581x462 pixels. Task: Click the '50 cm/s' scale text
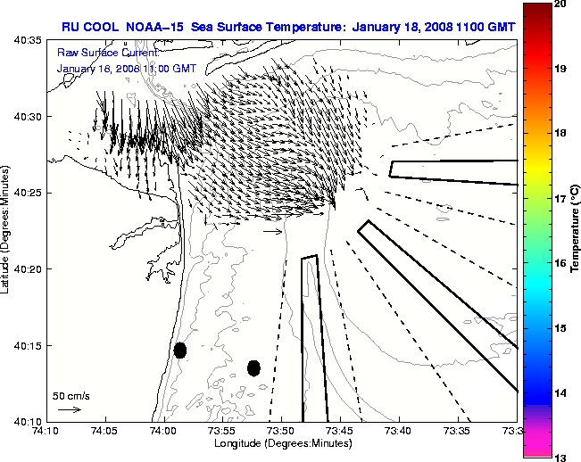[71, 395]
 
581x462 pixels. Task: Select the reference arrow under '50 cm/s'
[69, 409]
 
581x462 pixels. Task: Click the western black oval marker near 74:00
[180, 350]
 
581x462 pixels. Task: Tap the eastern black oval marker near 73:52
[253, 367]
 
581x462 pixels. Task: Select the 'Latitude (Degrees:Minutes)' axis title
[7, 230]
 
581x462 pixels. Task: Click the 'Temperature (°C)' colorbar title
[576, 230]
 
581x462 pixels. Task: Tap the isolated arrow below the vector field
[273, 231]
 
